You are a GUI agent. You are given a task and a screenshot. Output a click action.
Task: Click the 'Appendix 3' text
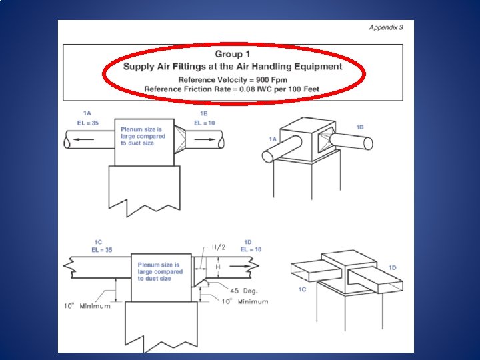click(x=386, y=27)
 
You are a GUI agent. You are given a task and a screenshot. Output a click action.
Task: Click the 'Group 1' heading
click(x=233, y=54)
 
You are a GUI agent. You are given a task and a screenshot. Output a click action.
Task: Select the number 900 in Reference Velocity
click(x=263, y=80)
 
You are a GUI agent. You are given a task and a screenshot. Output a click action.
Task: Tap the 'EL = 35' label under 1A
click(x=88, y=123)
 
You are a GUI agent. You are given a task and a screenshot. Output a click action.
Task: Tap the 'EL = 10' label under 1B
click(x=205, y=123)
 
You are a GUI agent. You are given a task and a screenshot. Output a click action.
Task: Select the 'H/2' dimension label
click(x=219, y=247)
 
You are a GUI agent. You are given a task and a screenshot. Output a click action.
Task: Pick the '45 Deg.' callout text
click(x=244, y=291)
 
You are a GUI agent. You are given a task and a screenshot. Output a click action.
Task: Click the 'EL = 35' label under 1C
click(x=102, y=250)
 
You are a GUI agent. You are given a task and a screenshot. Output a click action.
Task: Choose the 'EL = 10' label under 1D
click(x=251, y=249)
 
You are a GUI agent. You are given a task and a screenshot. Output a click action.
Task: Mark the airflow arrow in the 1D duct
click(x=240, y=266)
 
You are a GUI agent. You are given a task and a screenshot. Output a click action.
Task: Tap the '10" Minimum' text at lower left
click(x=87, y=306)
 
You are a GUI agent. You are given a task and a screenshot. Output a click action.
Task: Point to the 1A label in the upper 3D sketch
click(x=273, y=139)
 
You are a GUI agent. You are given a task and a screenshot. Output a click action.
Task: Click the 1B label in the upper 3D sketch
click(x=360, y=127)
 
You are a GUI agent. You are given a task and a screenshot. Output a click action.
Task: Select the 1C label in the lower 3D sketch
click(x=302, y=289)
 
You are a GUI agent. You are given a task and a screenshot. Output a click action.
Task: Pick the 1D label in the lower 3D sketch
click(x=393, y=268)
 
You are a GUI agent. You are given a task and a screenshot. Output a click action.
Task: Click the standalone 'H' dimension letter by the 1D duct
click(x=218, y=267)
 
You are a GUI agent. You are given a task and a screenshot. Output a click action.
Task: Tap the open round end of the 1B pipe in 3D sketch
click(x=368, y=143)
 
